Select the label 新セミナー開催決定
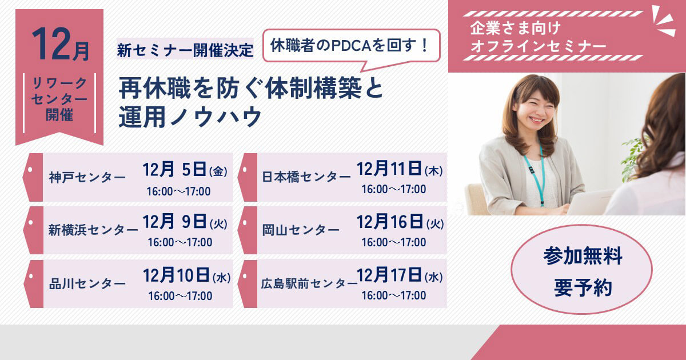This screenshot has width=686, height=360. (x=185, y=50)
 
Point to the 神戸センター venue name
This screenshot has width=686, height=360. (x=87, y=177)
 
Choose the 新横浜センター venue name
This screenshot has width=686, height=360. (x=93, y=230)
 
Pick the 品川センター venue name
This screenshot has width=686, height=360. (x=87, y=283)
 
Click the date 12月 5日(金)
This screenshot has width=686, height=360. (x=185, y=170)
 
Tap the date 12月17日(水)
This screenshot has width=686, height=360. (x=400, y=276)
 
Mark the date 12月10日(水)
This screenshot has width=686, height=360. (x=186, y=277)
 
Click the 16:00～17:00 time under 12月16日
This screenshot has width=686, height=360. (x=393, y=242)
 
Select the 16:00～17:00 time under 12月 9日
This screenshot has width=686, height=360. (x=180, y=242)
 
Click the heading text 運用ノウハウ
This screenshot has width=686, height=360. (x=190, y=117)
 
